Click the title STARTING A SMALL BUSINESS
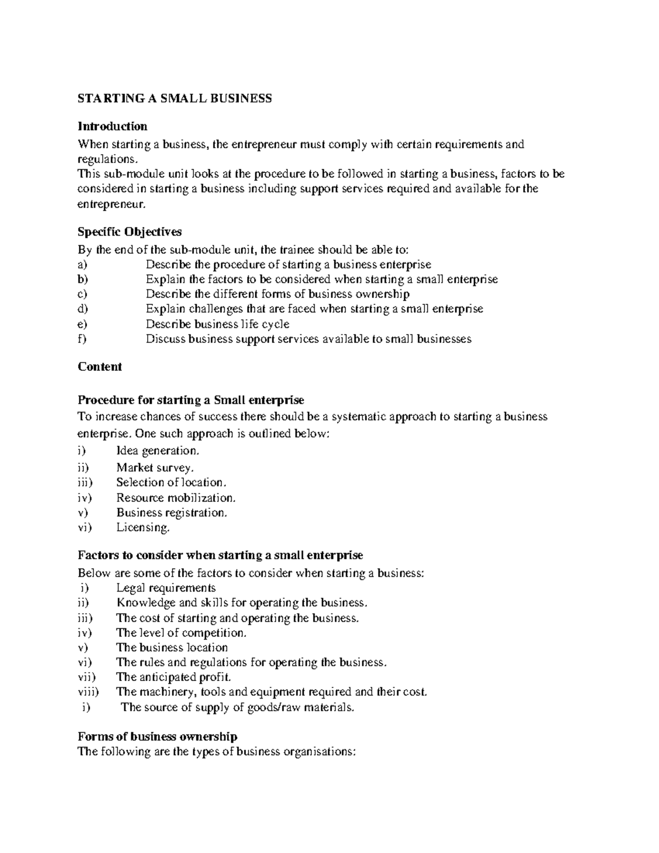pos(175,98)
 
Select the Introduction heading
pos(113,126)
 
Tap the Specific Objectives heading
pos(130,231)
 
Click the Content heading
pos(100,367)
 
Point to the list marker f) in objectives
pos(82,339)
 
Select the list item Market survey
pos(155,468)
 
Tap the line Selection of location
pos(171,482)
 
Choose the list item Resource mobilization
pos(176,498)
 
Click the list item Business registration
pos(171,512)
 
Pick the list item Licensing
pos(143,528)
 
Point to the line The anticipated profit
pos(174,677)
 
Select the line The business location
pos(172,648)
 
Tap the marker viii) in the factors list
pos(88,692)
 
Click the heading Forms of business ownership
pos(158,737)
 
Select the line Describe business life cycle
pos(217,324)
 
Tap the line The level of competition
pos(181,633)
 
